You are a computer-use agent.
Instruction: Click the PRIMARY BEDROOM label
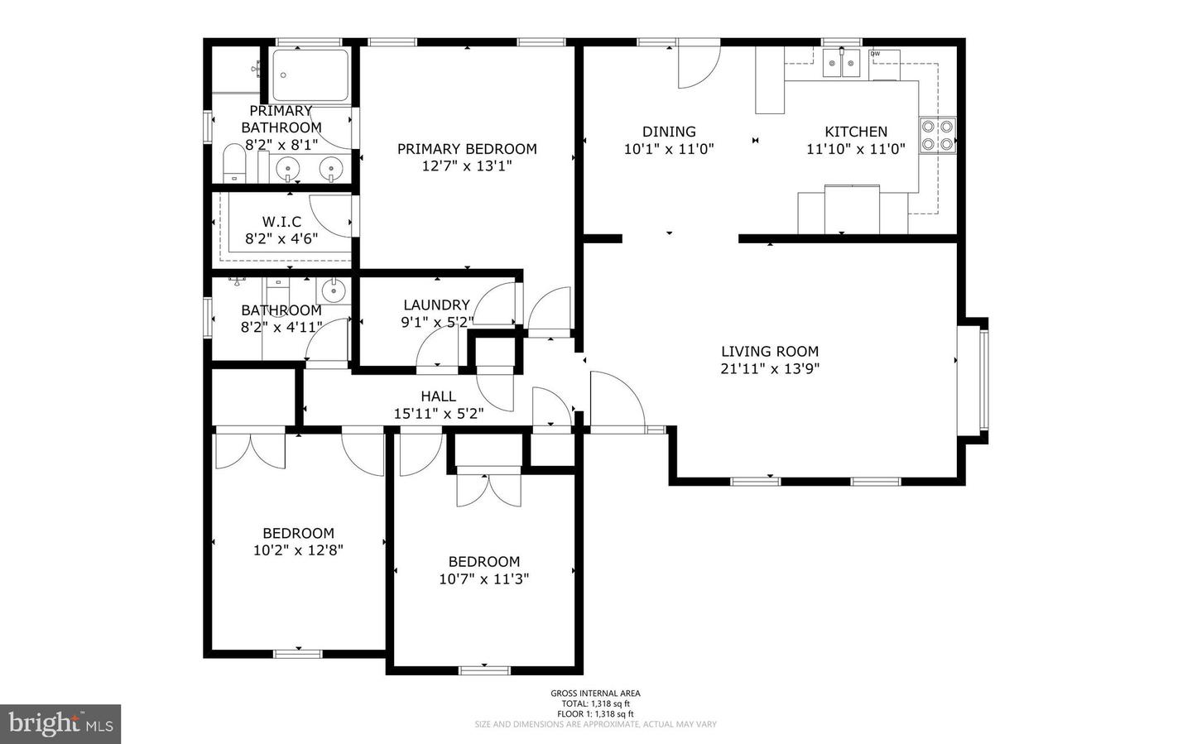(x=467, y=149)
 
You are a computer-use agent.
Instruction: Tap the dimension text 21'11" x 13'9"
(x=769, y=369)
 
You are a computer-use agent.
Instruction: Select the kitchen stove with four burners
(x=937, y=135)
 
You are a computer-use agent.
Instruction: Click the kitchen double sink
(x=842, y=63)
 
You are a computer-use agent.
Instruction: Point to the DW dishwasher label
(x=874, y=55)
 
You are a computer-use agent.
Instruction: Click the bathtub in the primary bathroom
(x=311, y=75)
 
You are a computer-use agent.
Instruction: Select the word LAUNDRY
(x=436, y=305)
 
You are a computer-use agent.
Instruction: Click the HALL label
(x=438, y=396)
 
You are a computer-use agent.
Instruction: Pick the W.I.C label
(x=281, y=222)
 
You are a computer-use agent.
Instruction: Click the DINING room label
(x=669, y=132)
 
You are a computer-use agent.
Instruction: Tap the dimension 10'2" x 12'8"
(x=298, y=550)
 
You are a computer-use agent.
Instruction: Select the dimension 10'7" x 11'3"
(x=483, y=579)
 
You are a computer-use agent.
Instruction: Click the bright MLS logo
(x=60, y=724)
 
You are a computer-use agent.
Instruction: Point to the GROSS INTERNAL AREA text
(x=595, y=694)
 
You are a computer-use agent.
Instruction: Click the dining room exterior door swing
(x=697, y=65)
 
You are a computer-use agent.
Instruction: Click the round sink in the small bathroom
(x=334, y=290)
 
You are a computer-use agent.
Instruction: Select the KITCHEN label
(x=856, y=132)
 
